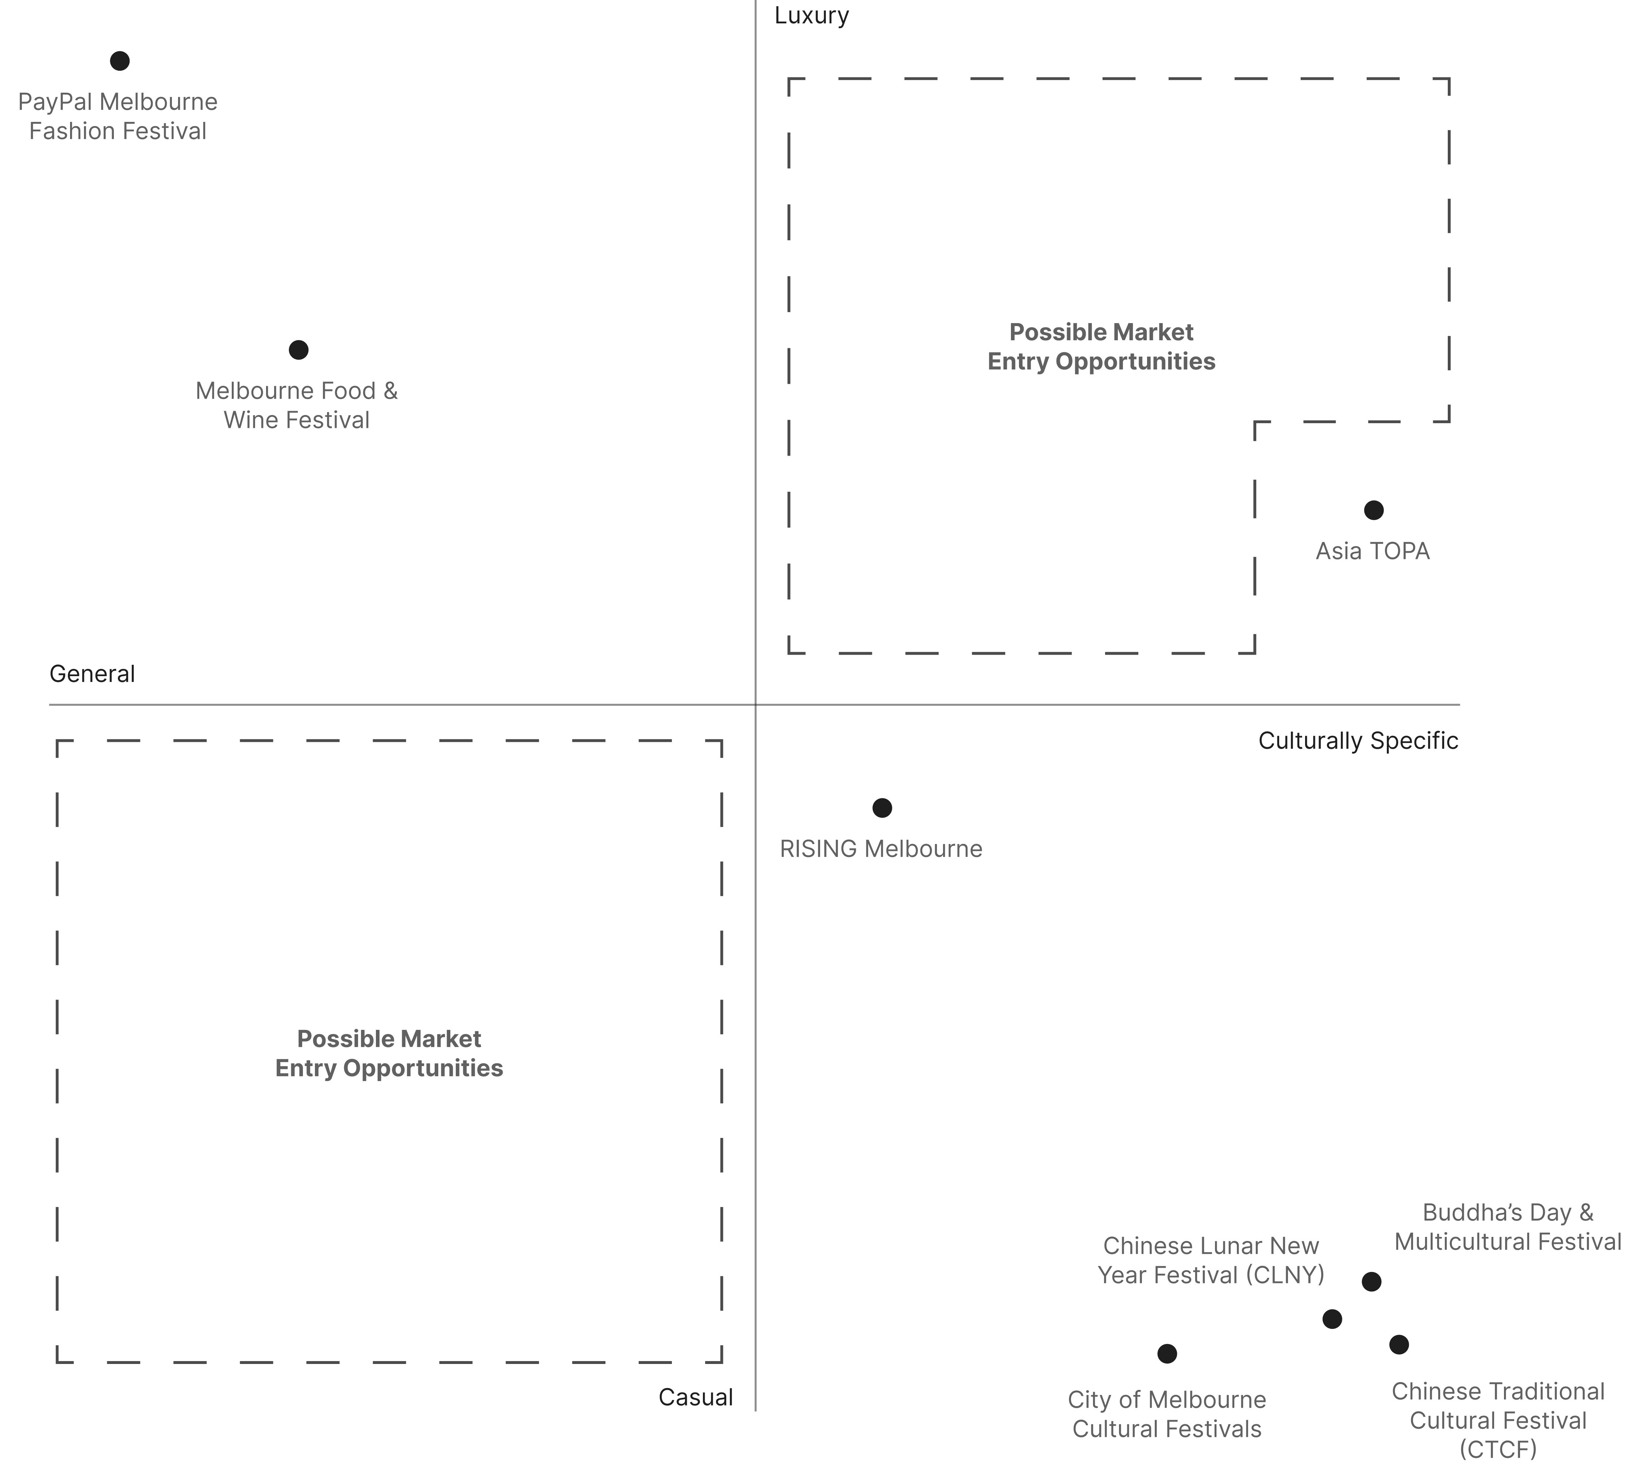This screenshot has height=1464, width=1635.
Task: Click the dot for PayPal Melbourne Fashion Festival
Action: pos(120,61)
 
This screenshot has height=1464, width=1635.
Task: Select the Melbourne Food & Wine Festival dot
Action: pos(299,350)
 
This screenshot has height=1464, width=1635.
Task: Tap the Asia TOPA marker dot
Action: pos(1374,510)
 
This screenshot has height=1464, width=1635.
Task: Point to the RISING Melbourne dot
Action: pos(882,808)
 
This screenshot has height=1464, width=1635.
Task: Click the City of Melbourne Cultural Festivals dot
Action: pos(1167,1354)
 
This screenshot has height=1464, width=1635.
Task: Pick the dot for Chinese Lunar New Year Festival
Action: pos(1332,1319)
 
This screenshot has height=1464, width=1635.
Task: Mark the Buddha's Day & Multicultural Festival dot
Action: pos(1371,1281)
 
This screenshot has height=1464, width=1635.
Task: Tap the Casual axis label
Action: pos(695,1397)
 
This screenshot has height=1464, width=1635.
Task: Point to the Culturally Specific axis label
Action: pos(1358,741)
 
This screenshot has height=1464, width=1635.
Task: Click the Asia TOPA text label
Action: pos(1372,551)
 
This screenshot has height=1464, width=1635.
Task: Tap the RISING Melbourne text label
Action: pos(881,848)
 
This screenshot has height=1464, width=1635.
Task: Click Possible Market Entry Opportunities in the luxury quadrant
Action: pos(1101,347)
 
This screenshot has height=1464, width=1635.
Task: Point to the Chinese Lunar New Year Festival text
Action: pos(1210,1261)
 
